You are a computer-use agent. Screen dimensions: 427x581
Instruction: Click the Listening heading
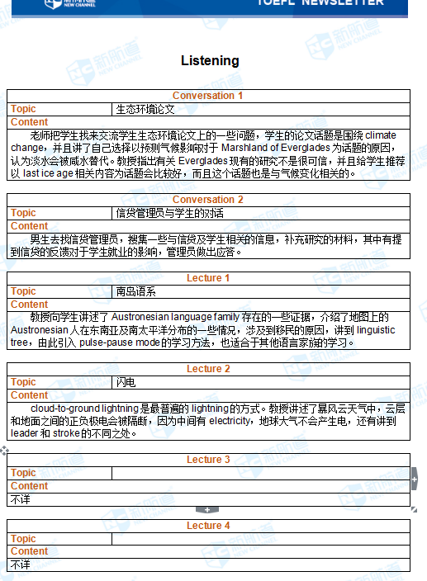[x=210, y=60]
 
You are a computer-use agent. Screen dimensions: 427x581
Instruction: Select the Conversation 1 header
[x=207, y=96]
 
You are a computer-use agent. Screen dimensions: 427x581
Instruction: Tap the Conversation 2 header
[x=207, y=200]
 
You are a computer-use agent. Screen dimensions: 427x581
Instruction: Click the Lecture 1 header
[x=208, y=278]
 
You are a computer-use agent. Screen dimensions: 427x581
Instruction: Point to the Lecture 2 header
[x=208, y=369]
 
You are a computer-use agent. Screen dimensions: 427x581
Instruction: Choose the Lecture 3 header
[x=208, y=460]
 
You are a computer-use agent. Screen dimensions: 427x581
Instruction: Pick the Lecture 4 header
[x=208, y=526]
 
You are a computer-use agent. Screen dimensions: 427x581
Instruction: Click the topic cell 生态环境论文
[x=145, y=109]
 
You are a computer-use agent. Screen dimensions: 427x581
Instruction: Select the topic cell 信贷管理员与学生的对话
[x=169, y=213]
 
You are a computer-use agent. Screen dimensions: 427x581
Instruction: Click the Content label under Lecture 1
[x=29, y=305]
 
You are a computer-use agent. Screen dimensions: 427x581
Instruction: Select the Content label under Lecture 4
[x=29, y=551]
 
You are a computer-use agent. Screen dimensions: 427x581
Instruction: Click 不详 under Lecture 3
[x=20, y=499]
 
